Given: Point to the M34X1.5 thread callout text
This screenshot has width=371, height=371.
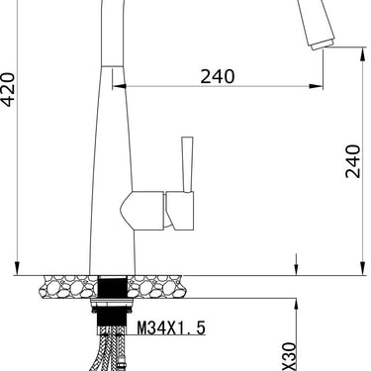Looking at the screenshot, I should coord(171,327).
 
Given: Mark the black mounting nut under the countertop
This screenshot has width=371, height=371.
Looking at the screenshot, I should coord(112,289).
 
